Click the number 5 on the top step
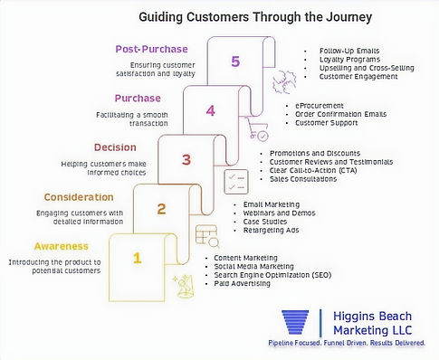coord(235,62)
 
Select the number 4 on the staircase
coord(210,112)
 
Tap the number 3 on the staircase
coord(186,161)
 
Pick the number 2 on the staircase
coord(162,210)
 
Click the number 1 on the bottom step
coord(138,258)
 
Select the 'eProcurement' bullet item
coord(320,106)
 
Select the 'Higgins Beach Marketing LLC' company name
coord(377,324)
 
